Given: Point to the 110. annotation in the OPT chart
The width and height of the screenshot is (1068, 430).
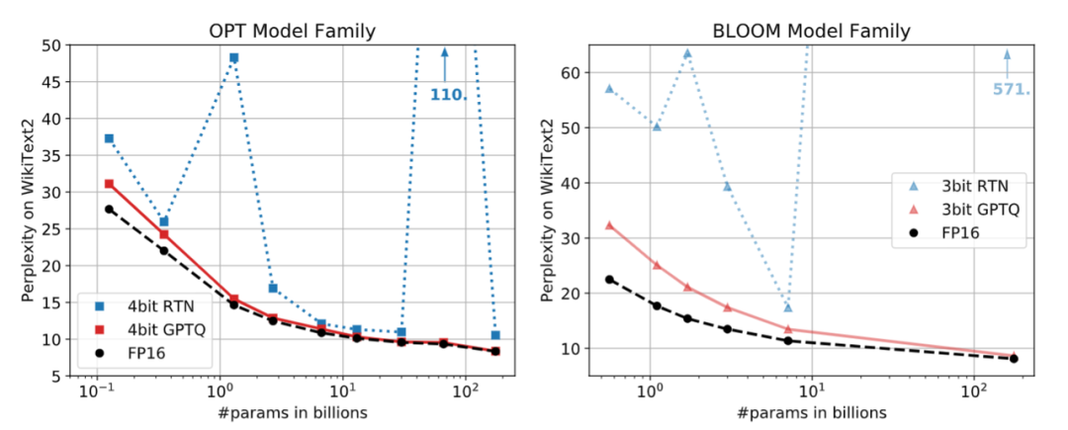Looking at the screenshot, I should click(447, 96).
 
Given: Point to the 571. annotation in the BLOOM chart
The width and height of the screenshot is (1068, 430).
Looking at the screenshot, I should click(1011, 89).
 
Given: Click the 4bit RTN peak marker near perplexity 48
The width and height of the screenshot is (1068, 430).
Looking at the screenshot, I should click(234, 57).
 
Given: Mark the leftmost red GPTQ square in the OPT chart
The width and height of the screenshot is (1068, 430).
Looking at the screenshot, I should click(109, 184).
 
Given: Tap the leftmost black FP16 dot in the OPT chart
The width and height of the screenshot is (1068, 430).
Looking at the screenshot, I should click(109, 209).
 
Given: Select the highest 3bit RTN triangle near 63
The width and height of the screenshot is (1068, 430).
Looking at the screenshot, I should click(687, 53).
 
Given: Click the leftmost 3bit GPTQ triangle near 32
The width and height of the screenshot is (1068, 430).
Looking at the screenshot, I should click(609, 225).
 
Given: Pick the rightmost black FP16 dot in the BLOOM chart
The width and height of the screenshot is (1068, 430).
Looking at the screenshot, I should click(1015, 359).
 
